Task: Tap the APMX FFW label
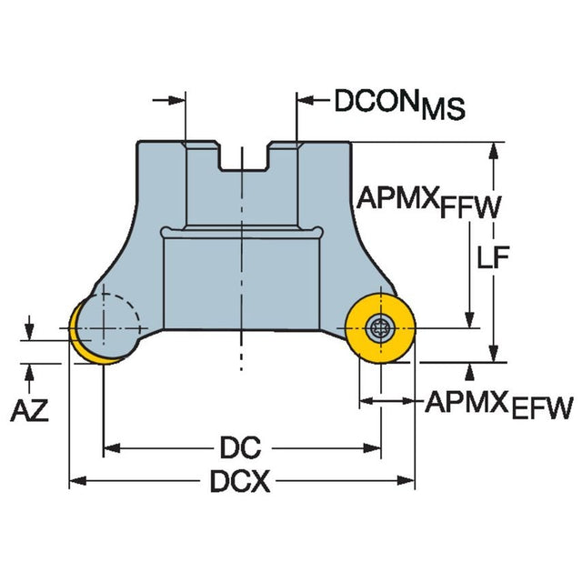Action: click(427, 203)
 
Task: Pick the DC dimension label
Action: click(240, 447)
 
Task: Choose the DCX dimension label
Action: click(240, 482)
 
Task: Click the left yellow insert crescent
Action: click(81, 337)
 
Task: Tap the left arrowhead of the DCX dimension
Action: click(76, 481)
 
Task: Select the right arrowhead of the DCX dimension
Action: click(409, 481)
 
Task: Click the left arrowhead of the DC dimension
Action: click(109, 447)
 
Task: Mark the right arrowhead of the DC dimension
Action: click(374, 447)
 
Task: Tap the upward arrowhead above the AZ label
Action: click(31, 368)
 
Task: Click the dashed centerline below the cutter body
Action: click(241, 355)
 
